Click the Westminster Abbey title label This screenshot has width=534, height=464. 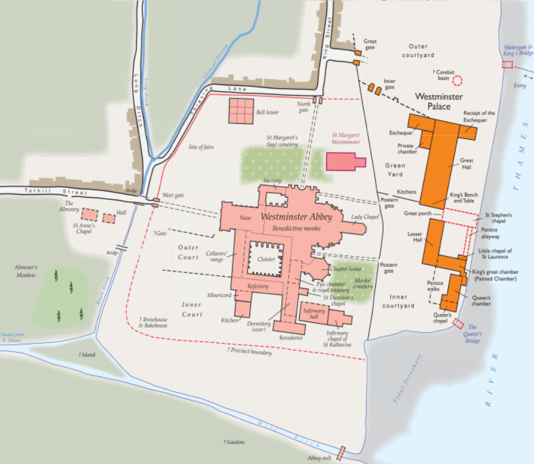point(292,216)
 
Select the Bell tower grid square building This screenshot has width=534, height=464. point(241,110)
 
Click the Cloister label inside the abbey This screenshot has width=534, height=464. point(267,259)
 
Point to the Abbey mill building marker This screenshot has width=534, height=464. point(341,453)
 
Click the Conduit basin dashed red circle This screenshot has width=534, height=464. point(458,80)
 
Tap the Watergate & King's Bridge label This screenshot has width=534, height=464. point(518,49)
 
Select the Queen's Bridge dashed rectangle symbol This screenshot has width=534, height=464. point(458,325)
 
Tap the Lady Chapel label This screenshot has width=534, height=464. point(365,217)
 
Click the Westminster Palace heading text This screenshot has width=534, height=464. point(438,102)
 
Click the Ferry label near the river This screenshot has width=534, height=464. point(519,86)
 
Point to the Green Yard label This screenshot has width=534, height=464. point(395,170)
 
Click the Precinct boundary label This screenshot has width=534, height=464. point(250,351)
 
